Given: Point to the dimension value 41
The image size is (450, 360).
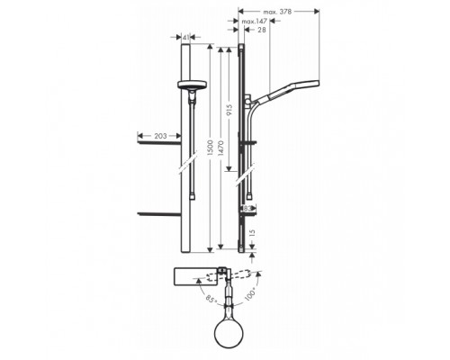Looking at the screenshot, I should pyautogui.click(x=186, y=39).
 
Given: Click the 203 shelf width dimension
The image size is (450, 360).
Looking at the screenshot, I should pyautogui.click(x=161, y=136).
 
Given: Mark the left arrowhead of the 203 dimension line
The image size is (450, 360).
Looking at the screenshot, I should pyautogui.click(x=139, y=136).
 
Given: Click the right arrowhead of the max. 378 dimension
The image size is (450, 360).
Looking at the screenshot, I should pyautogui.click(x=318, y=12).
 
